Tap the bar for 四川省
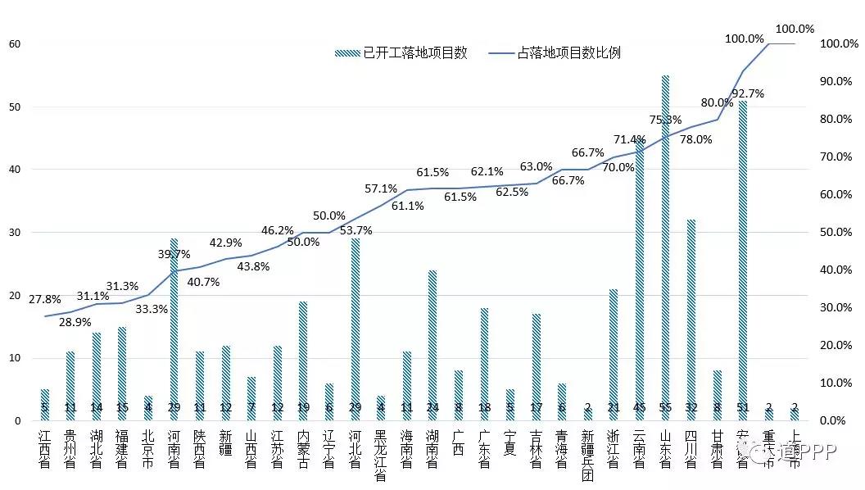691,320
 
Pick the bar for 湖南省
432,345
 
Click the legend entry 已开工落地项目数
402,53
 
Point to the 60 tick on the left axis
14,43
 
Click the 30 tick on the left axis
14,233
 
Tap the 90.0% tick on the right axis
838,82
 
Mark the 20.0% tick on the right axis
838,346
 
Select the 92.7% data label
747,93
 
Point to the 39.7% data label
174,255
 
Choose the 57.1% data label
381,189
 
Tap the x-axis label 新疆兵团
587,454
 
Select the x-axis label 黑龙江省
381,454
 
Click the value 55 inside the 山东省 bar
665,407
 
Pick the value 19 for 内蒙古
303,407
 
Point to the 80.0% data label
717,103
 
